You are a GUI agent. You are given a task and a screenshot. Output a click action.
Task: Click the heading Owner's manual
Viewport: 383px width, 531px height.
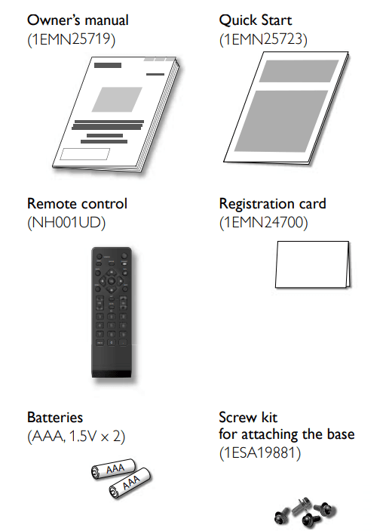click(x=78, y=20)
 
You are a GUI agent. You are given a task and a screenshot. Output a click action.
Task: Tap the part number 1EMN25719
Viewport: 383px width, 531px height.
click(x=72, y=39)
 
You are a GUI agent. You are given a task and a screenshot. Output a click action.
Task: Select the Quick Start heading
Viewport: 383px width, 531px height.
click(x=256, y=20)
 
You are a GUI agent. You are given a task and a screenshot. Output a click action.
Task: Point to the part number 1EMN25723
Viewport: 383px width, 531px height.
click(x=263, y=39)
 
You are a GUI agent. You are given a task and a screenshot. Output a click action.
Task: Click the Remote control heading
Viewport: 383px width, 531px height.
click(x=77, y=203)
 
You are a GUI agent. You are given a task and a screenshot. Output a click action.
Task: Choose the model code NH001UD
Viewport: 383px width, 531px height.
click(x=66, y=223)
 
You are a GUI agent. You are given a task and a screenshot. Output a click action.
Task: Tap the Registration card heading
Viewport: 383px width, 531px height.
click(x=272, y=204)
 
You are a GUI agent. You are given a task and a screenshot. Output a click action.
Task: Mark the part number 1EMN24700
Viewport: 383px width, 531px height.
click(x=264, y=223)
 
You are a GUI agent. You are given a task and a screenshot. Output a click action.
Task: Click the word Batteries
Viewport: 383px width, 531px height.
click(x=55, y=417)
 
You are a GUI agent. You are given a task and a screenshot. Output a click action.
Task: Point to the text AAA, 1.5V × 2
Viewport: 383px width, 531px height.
click(x=76, y=436)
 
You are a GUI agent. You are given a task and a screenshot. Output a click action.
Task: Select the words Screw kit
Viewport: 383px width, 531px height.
click(x=248, y=417)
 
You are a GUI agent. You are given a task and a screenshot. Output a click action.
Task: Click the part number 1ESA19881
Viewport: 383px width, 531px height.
click(x=260, y=453)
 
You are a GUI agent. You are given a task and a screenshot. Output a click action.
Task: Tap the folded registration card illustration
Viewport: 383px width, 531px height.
click(x=313, y=264)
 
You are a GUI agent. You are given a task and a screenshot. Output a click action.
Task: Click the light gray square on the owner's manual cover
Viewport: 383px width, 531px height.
click(x=117, y=100)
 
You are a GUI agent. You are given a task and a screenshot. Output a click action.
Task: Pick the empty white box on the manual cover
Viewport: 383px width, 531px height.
click(x=85, y=154)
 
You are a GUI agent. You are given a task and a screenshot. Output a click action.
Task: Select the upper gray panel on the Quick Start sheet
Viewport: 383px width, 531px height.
click(x=299, y=71)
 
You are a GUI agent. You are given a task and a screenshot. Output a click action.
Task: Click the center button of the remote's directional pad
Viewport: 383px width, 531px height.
click(x=111, y=281)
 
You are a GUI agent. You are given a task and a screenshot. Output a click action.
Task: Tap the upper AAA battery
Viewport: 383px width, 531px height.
click(x=113, y=469)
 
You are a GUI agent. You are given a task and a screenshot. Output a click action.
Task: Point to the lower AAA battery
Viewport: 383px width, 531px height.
click(x=130, y=483)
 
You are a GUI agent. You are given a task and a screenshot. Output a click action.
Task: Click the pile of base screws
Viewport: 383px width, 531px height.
click(x=305, y=512)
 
